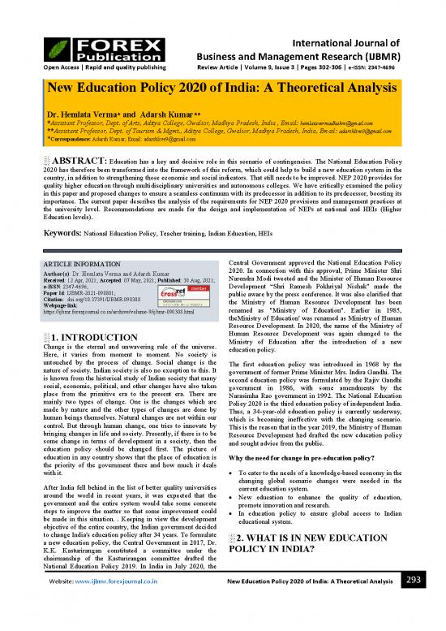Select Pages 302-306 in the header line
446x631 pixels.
tap(341, 44)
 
